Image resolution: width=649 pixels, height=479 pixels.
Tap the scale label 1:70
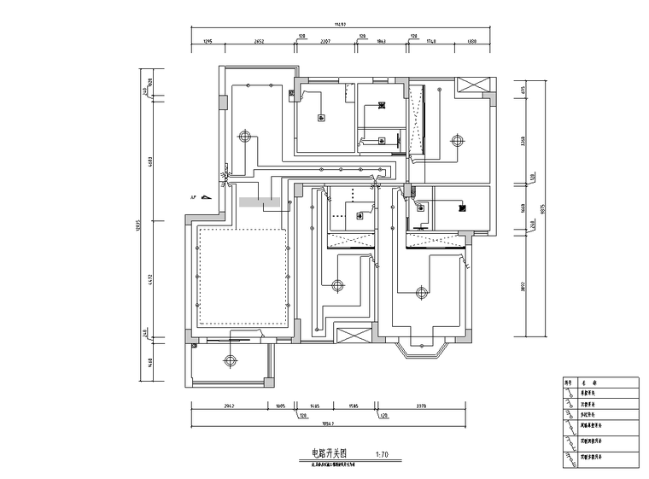pyautogui.click(x=382, y=454)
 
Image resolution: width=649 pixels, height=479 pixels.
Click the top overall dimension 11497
pyautogui.click(x=340, y=26)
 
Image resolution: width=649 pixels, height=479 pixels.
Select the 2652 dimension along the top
pyautogui.click(x=259, y=40)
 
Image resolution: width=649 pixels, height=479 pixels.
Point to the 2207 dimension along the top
pyautogui.click(x=325, y=40)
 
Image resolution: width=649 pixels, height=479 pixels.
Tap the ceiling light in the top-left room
pyautogui.click(x=246, y=136)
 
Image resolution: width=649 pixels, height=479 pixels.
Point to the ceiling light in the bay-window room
pyautogui.click(x=420, y=293)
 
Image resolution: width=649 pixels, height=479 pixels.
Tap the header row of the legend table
pyautogui.click(x=599, y=383)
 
